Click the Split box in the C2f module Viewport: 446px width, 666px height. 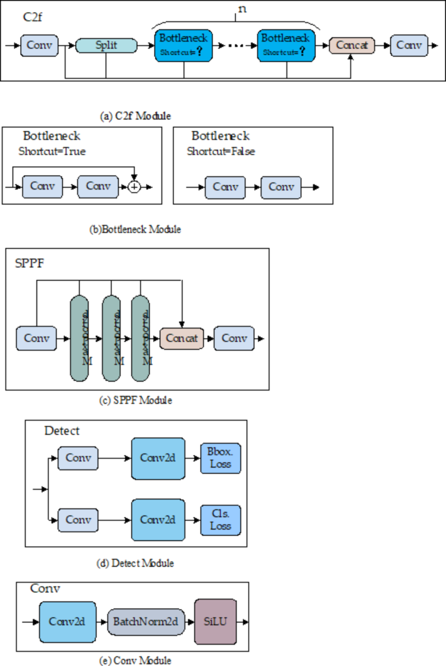click(107, 46)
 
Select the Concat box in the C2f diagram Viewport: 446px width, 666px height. click(352, 46)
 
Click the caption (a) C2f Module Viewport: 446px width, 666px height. click(135, 116)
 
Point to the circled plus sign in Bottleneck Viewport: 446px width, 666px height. click(134, 186)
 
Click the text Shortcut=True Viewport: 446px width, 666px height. click(52, 151)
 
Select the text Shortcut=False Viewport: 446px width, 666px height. click(221, 151)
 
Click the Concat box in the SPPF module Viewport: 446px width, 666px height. click(181, 339)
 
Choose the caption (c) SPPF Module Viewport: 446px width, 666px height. click(135, 400)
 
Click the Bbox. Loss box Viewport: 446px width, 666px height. click(220, 458)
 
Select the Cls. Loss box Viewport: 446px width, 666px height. click(220, 520)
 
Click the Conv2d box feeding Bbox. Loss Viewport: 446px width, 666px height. click(157, 458)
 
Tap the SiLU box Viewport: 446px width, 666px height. click(215, 622)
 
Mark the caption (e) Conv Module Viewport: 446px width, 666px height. click(135, 660)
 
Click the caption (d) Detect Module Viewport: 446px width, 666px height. click(135, 562)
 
